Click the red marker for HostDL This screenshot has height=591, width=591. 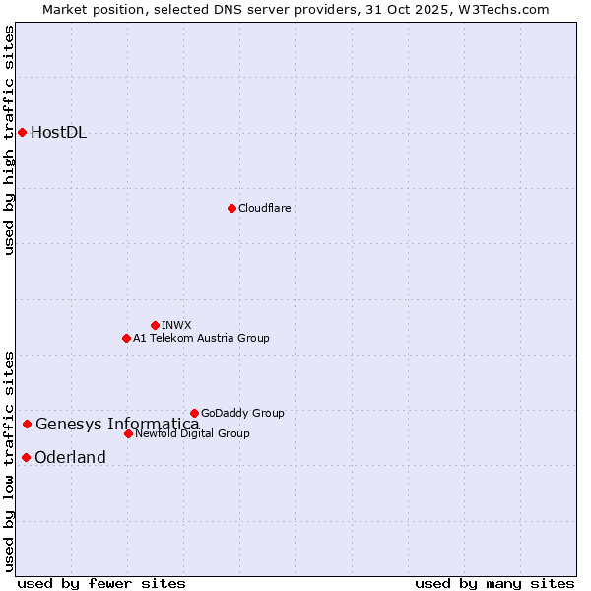tap(22, 132)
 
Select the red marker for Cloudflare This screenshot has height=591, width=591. tap(231, 208)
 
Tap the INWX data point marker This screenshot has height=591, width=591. tap(155, 325)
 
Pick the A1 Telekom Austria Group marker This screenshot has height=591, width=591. tap(126, 338)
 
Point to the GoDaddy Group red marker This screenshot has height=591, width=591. tap(194, 413)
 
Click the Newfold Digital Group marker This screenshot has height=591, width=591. tap(128, 433)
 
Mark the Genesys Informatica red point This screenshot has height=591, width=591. tap(27, 425)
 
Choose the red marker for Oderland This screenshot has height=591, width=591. tap(26, 457)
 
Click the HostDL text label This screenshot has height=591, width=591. tap(58, 133)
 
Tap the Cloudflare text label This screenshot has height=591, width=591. tap(264, 208)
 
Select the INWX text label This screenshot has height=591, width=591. tap(176, 325)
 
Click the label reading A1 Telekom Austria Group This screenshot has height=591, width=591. tap(201, 338)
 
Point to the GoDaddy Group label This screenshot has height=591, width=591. tap(242, 413)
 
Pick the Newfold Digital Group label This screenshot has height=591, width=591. tap(192, 433)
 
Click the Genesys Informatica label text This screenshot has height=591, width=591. tap(117, 425)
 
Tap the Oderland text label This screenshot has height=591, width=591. tap(70, 457)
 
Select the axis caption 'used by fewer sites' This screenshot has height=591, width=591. tap(100, 583)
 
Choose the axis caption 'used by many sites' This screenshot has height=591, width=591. tap(494, 583)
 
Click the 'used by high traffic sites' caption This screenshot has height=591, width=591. tap(10, 140)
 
